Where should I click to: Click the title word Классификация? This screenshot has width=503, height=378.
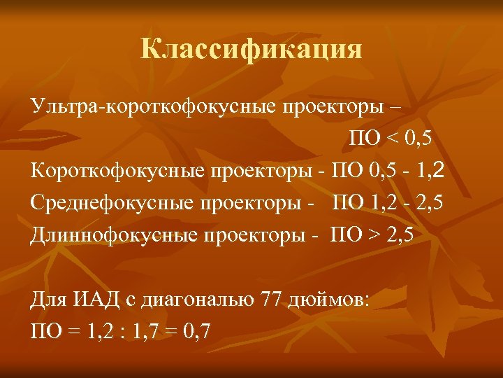pyautogui.click(x=251, y=50)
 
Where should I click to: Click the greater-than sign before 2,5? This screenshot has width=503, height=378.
pyautogui.click(x=383, y=234)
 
